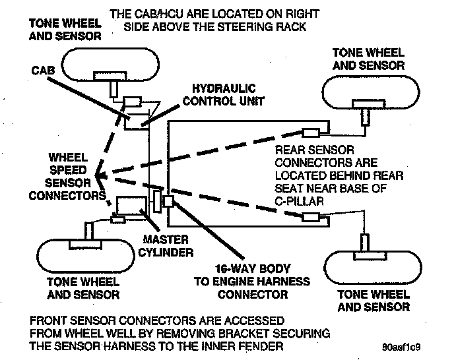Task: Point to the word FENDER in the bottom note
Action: (261, 347)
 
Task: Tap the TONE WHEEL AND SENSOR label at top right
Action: (368, 59)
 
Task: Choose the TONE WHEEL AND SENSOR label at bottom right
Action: (373, 301)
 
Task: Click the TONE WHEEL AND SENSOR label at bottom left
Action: (84, 287)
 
